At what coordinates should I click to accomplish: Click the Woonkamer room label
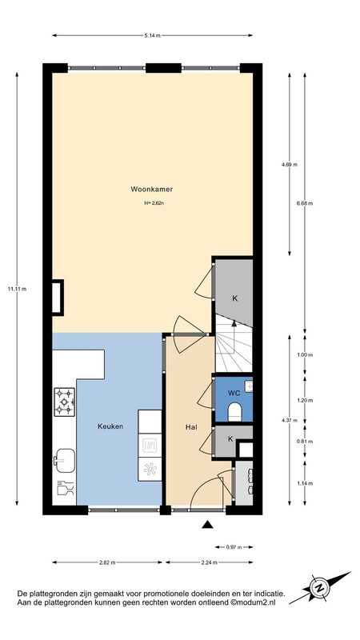pyautogui.click(x=152, y=189)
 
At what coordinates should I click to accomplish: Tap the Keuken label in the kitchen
pyautogui.click(x=110, y=426)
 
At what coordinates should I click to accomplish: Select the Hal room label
pyautogui.click(x=191, y=427)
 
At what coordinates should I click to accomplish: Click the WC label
pyautogui.click(x=234, y=394)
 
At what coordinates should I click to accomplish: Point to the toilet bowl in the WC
pyautogui.click(x=234, y=412)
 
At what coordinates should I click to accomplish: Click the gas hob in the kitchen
pyautogui.click(x=65, y=402)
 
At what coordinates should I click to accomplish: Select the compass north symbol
pyautogui.click(x=320, y=588)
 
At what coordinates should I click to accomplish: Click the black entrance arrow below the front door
pyautogui.click(x=207, y=525)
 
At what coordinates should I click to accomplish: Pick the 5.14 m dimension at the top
pyautogui.click(x=152, y=35)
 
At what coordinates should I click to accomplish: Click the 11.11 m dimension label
pyautogui.click(x=17, y=289)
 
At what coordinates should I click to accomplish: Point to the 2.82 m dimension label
pyautogui.click(x=107, y=562)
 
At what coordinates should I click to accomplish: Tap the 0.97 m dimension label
pyautogui.click(x=234, y=547)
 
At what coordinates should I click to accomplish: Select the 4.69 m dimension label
pyautogui.click(x=290, y=165)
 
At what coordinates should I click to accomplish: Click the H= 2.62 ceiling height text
pyautogui.click(x=154, y=202)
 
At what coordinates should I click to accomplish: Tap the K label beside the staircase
pyautogui.click(x=234, y=298)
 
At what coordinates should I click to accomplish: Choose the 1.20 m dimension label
pyautogui.click(x=305, y=401)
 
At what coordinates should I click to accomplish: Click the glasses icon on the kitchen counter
pyautogui.click(x=65, y=487)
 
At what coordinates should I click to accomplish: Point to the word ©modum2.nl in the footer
pyautogui.click(x=253, y=602)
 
